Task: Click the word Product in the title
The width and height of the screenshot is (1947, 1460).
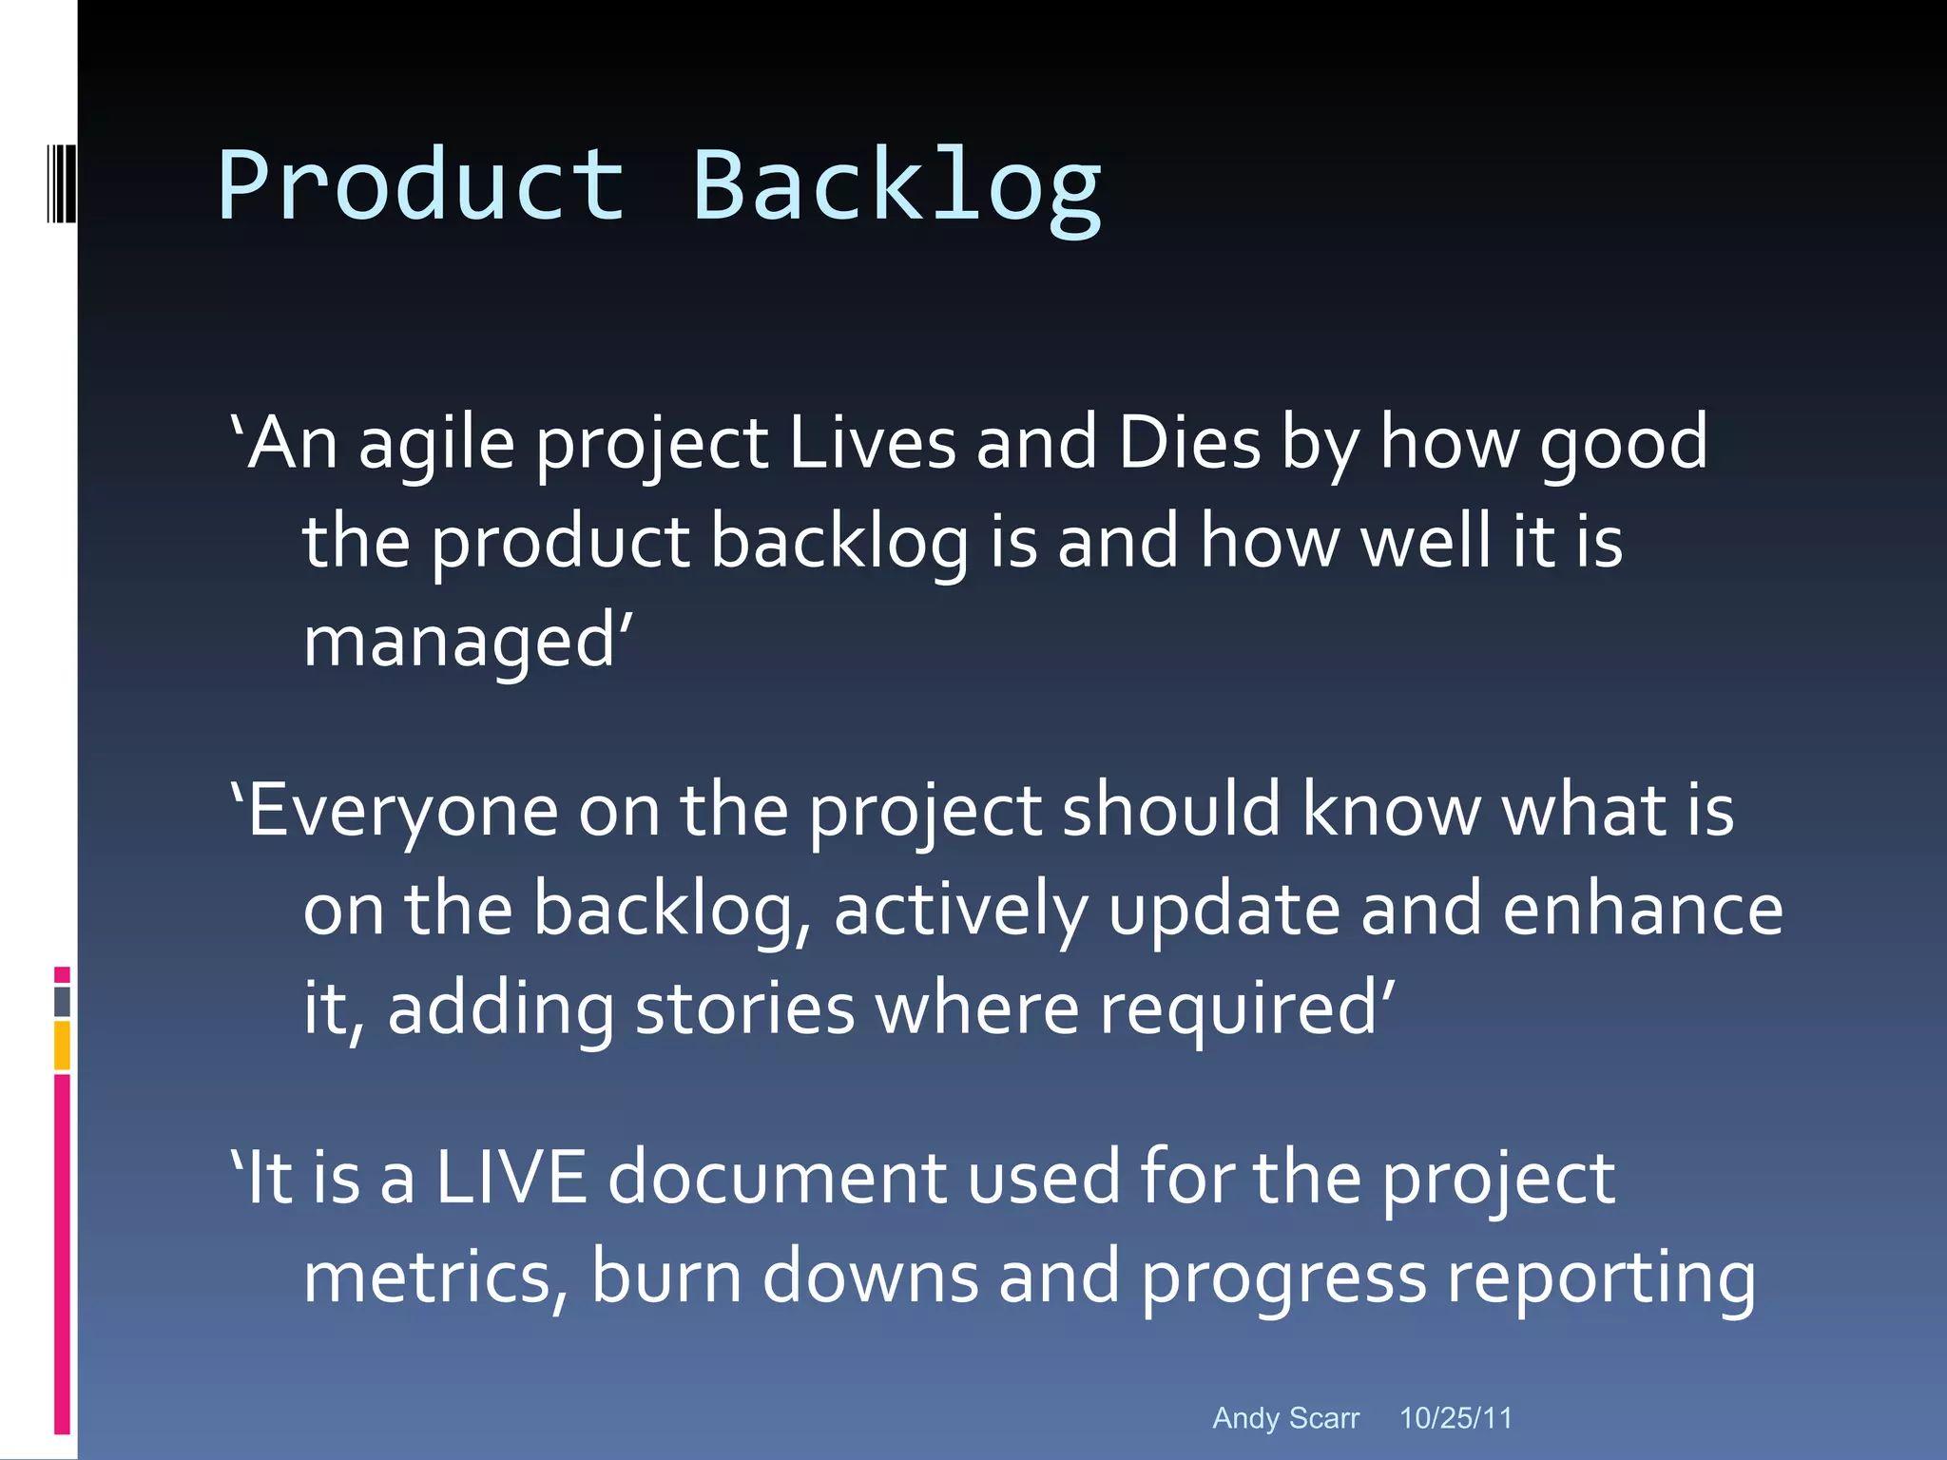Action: coord(421,185)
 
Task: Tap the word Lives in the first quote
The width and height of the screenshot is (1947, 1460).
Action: coord(872,443)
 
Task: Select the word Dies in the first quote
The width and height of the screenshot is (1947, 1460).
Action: coord(1188,443)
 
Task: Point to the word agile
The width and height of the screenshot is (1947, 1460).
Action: coord(436,447)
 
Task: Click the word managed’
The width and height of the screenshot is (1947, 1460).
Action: coord(467,643)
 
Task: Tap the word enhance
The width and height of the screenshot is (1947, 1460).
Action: coord(1642,910)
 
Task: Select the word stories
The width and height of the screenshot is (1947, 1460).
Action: coord(744,1009)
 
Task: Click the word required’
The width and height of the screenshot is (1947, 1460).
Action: coord(1247,1010)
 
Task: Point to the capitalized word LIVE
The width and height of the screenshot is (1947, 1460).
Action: coord(511,1178)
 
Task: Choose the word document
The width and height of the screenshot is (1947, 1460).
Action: coord(777,1178)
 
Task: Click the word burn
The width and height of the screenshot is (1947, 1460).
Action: coord(665,1277)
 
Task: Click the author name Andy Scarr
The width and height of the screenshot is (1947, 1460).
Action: coord(1285,1418)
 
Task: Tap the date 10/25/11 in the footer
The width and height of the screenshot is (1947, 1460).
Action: coord(1455,1418)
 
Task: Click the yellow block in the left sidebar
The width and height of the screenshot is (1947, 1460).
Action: coord(62,1045)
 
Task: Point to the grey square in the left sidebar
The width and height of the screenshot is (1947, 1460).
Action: coord(62,1002)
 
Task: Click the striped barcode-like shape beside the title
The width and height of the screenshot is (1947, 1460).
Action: coord(61,183)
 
